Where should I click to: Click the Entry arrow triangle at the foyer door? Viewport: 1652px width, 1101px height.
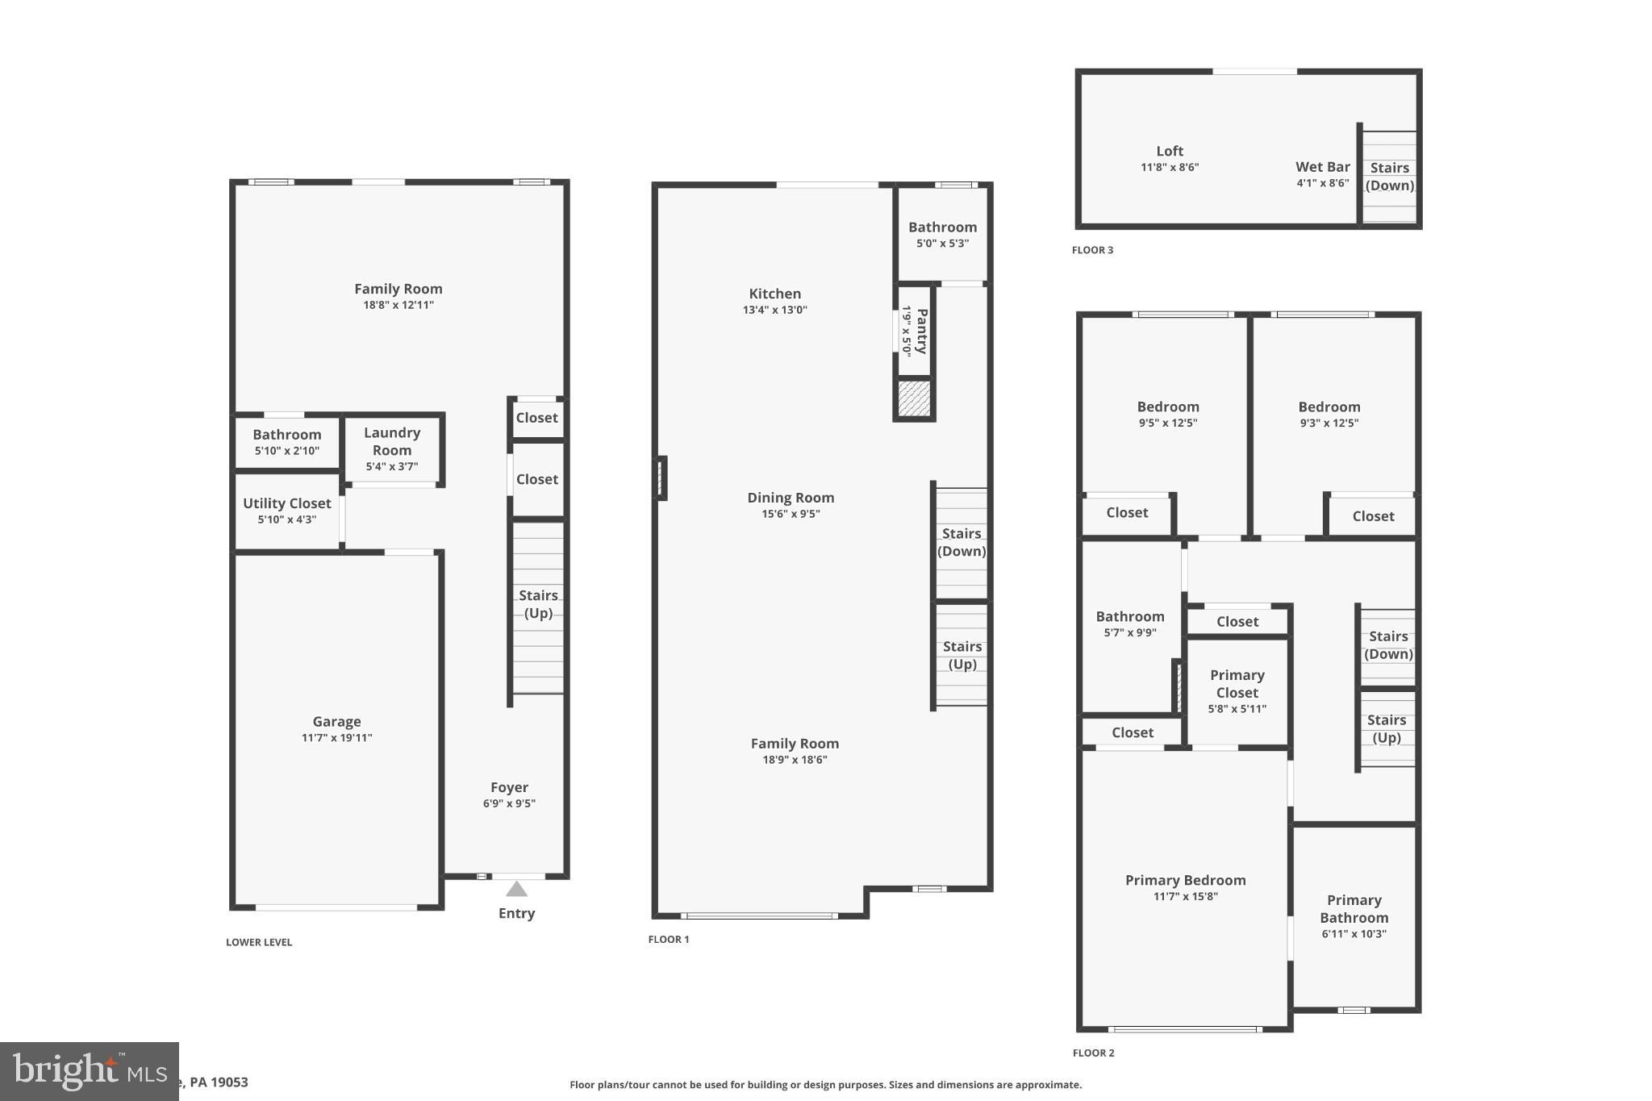516,889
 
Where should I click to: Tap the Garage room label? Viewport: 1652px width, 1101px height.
336,722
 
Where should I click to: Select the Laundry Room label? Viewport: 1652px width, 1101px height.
392,441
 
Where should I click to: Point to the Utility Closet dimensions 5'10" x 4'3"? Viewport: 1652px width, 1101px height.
286,519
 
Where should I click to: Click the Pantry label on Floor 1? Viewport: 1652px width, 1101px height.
922,331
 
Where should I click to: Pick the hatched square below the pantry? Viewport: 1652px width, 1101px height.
914,398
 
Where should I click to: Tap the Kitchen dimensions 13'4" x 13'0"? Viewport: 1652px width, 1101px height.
774,310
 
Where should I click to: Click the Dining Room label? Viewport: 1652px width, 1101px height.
791,498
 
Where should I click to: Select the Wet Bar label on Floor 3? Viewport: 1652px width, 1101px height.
1322,167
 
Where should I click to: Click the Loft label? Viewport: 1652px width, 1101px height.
1170,151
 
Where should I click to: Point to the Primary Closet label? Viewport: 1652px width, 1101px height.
1237,684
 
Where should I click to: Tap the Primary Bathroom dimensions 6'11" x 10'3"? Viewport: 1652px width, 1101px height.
1354,934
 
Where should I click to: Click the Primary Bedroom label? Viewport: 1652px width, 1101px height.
1185,880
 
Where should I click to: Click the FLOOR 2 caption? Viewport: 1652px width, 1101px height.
1093,1053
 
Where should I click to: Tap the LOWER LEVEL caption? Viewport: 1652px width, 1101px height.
259,942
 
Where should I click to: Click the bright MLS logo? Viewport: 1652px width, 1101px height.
89,1071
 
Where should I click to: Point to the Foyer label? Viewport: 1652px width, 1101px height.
509,787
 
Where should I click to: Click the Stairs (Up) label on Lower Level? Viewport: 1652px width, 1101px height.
538,604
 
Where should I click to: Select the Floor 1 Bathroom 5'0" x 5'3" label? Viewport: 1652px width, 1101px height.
942,227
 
